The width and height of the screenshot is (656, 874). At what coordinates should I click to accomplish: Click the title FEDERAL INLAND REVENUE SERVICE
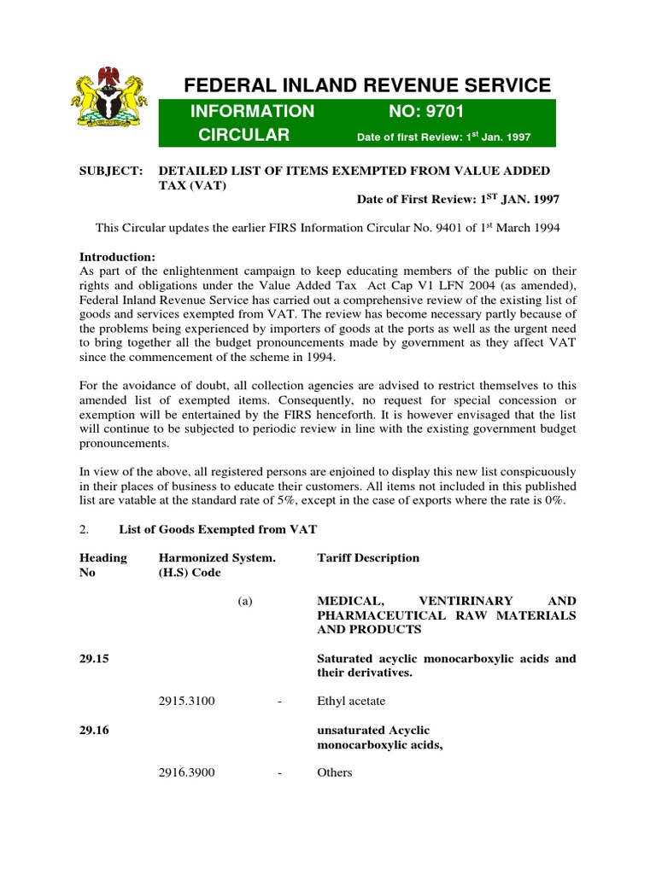point(368,84)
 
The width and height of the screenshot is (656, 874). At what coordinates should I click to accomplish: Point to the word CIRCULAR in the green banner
point(244,135)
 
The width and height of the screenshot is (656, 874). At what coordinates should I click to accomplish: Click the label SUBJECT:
point(110,172)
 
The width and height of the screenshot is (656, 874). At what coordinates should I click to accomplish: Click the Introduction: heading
point(117,257)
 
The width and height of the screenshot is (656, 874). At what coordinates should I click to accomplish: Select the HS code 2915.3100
point(187,701)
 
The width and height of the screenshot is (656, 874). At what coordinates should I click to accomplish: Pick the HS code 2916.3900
point(187,772)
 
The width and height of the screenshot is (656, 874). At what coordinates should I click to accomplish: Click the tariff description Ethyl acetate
point(351,701)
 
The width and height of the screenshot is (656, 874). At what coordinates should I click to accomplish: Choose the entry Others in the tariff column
point(334,772)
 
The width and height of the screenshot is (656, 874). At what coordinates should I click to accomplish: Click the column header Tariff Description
point(368,557)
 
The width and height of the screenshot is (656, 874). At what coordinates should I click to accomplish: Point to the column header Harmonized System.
point(217,557)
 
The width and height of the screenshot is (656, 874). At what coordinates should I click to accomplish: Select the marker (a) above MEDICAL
point(245,601)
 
